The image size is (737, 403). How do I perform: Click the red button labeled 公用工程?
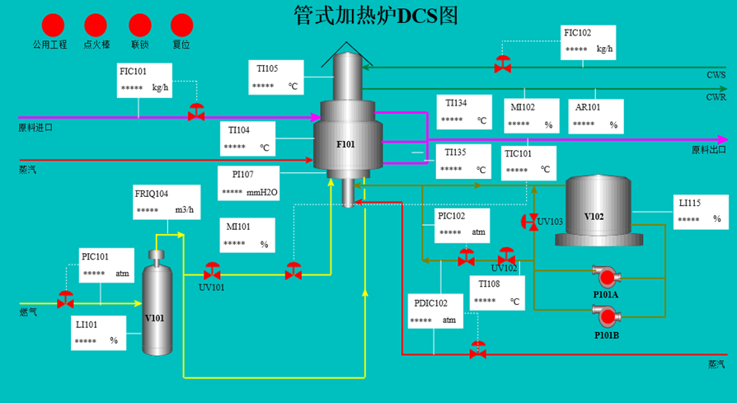53,26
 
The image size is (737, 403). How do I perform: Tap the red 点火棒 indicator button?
96,26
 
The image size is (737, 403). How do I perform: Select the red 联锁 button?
140,26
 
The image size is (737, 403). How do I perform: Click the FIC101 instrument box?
144,80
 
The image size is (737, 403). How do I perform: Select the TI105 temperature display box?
276,77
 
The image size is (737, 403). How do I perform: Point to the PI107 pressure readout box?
249,183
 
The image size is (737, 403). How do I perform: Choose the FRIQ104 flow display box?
167,202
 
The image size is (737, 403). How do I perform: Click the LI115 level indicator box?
701,212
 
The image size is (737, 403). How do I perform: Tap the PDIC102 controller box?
435,311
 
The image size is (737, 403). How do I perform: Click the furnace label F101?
345,144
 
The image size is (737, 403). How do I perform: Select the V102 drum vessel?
599,210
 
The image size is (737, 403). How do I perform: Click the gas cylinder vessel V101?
157,302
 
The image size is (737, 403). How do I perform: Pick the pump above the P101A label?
606,277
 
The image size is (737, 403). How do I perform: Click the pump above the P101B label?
606,317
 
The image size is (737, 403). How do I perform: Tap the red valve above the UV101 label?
212,271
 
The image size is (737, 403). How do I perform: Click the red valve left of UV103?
530,222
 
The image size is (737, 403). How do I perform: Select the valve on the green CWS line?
502,64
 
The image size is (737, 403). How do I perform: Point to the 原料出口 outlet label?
709,150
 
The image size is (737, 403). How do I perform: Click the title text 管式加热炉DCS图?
376,16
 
